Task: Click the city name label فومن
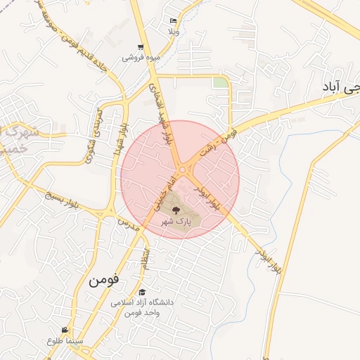(x=104, y=279)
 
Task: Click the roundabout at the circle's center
(x=185, y=170)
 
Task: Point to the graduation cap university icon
(x=143, y=292)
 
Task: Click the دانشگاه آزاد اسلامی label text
(x=142, y=302)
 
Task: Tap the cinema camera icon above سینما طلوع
(x=65, y=330)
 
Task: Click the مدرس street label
(x=124, y=226)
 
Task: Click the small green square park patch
(x=221, y=83)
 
